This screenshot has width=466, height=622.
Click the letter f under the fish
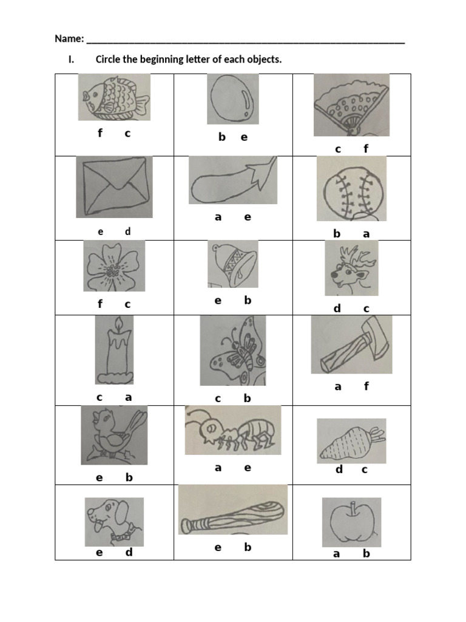tap(100, 134)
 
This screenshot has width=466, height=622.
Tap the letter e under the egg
tap(244, 137)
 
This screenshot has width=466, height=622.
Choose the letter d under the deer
tap(337, 309)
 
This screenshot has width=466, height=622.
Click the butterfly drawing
tap(233, 350)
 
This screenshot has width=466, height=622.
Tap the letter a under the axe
tap(338, 386)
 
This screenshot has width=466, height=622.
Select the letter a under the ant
tap(218, 468)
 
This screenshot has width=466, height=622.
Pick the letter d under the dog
tap(129, 552)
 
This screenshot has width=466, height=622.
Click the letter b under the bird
tap(129, 477)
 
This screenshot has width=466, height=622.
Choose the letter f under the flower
tap(100, 304)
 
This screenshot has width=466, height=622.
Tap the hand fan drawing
tap(351, 104)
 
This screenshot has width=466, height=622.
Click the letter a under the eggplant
tap(218, 217)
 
